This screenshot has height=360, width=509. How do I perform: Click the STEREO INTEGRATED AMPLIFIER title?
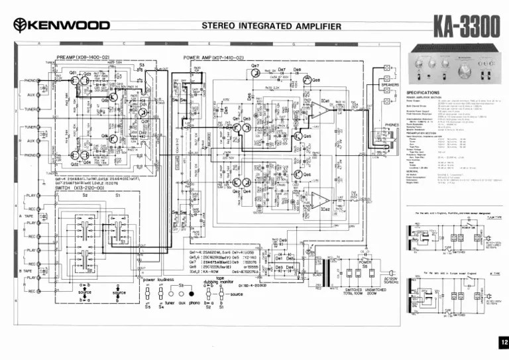pyautogui.click(x=271, y=27)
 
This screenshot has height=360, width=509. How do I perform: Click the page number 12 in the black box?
pyautogui.click(x=503, y=342)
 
